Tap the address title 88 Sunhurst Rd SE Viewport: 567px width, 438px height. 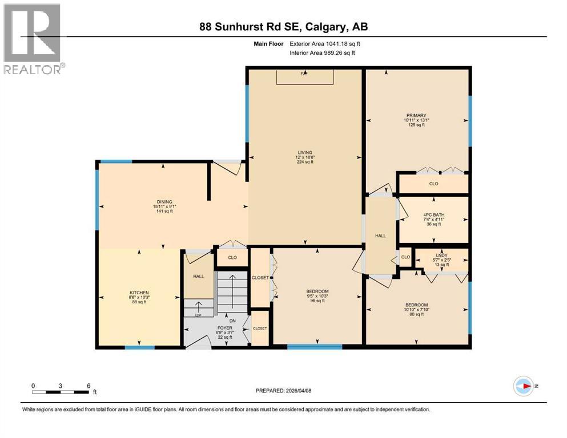[x=283, y=27]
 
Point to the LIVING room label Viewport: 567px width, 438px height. [x=304, y=153]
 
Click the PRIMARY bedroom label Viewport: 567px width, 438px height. [x=416, y=116]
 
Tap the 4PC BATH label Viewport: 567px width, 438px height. [x=434, y=215]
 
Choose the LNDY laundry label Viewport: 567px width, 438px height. [x=440, y=255]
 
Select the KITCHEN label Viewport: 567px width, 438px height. [x=139, y=293]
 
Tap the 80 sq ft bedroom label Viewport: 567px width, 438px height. [x=416, y=310]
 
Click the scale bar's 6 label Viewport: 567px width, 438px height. [x=89, y=385]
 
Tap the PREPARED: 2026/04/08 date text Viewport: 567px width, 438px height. [x=284, y=391]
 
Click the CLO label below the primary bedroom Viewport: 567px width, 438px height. [x=433, y=184]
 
